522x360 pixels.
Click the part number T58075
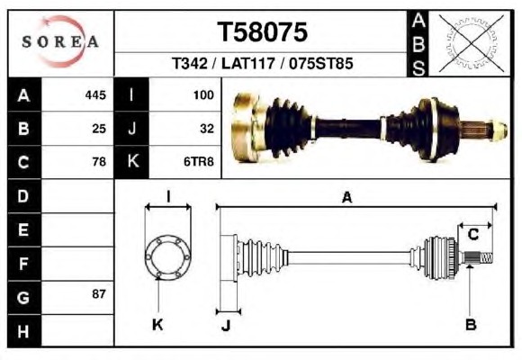pyautogui.click(x=262, y=32)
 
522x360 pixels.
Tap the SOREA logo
pyautogui.click(x=60, y=41)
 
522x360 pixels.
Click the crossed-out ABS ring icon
pyautogui.click(x=471, y=43)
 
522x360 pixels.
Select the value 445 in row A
pyautogui.click(x=95, y=95)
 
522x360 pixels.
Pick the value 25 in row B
pyautogui.click(x=99, y=129)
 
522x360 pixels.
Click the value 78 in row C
pyautogui.click(x=99, y=161)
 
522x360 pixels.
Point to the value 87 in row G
pyautogui.click(x=99, y=293)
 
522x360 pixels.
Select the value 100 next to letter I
pyautogui.click(x=203, y=95)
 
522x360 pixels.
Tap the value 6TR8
pyautogui.click(x=199, y=161)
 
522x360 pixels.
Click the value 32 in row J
pyautogui.click(x=207, y=129)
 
